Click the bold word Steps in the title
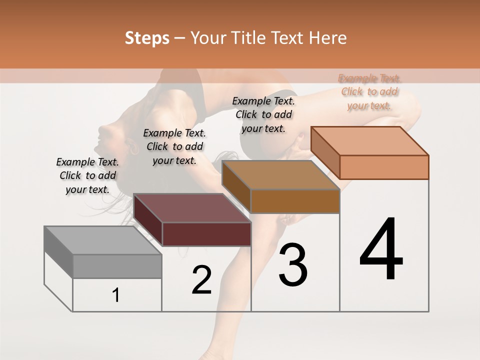(x=147, y=38)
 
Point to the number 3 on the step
(x=293, y=265)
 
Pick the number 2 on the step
(x=201, y=280)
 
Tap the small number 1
(x=116, y=295)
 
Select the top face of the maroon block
(x=192, y=208)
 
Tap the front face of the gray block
(x=117, y=266)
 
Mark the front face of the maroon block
(x=206, y=234)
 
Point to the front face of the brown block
(x=295, y=201)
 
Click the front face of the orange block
(x=384, y=167)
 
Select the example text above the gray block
(x=87, y=176)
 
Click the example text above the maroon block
(x=174, y=147)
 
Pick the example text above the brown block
(x=263, y=114)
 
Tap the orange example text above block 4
(x=369, y=92)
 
